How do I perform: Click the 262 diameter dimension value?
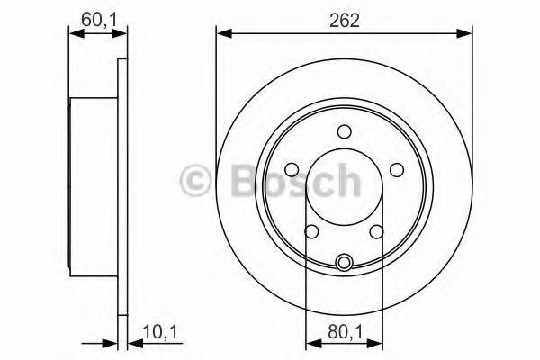(x=344, y=20)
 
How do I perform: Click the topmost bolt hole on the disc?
(x=344, y=132)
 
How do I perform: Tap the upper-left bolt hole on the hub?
(x=292, y=169)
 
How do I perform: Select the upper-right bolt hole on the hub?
(x=396, y=169)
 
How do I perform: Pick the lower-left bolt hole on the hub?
(x=311, y=231)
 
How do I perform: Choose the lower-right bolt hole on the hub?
(x=376, y=231)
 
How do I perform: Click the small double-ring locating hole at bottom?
(x=344, y=263)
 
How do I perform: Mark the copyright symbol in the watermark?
(x=196, y=182)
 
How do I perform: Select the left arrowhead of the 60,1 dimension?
(x=76, y=34)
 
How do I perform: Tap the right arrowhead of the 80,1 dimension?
(x=375, y=343)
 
